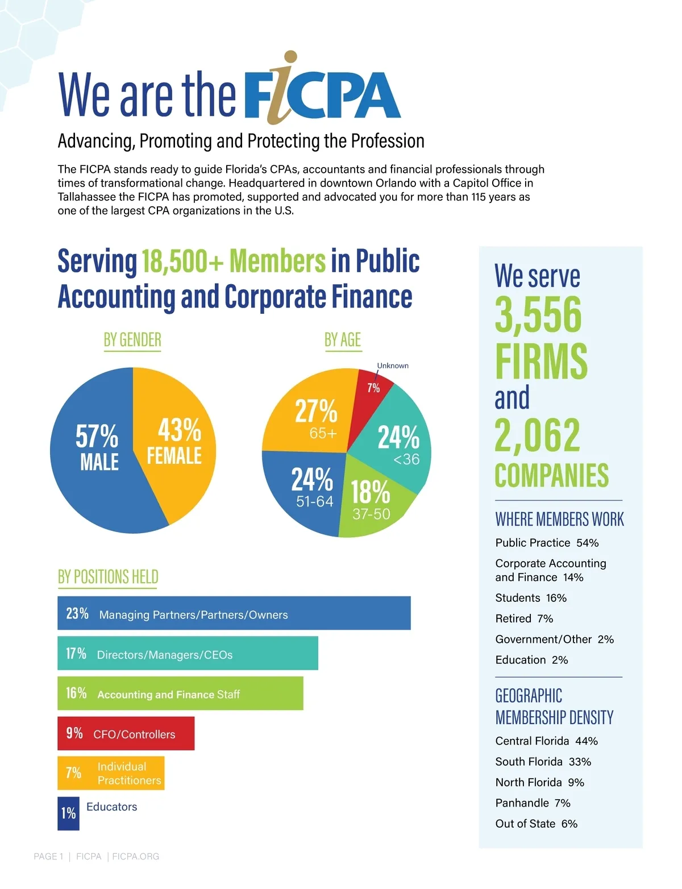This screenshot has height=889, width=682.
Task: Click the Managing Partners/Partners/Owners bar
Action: point(234,613)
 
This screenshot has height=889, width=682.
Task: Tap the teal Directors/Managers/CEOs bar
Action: point(188,653)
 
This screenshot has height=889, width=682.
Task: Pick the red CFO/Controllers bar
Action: point(126,733)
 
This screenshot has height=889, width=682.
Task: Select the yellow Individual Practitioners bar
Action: point(111,773)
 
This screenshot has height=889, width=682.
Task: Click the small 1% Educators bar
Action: point(68,813)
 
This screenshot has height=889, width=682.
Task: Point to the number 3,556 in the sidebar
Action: point(538,314)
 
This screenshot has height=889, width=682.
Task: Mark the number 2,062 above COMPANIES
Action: point(537,435)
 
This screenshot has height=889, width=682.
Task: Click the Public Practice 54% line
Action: point(547,543)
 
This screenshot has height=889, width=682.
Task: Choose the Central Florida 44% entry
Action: point(546,741)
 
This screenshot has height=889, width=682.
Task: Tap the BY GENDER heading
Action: point(132,340)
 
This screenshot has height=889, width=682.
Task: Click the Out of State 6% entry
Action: point(536,824)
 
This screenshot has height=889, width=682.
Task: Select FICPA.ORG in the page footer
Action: point(136,857)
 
